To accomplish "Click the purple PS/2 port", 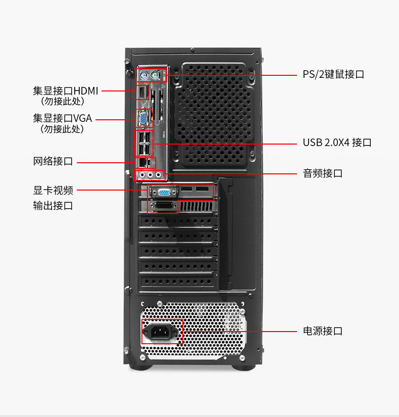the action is tap(144, 76).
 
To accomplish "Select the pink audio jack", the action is tap(143, 175).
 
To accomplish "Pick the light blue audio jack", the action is tap(160, 175).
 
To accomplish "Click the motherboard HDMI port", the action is tap(142, 92).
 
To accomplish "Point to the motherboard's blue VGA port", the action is tap(143, 119).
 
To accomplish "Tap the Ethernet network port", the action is tap(143, 162).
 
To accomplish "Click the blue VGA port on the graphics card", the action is tap(164, 192).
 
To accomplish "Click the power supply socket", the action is tap(162, 332).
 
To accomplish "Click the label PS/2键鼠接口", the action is tap(333, 74).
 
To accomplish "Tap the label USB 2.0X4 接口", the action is tap(337, 143).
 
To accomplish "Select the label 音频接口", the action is tap(323, 173).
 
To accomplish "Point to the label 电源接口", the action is tap(323, 331).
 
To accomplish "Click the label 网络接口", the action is tap(53, 162).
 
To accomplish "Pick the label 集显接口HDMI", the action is tap(66, 91).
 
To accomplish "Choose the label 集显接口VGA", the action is tap(63, 118).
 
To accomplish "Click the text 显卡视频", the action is tap(53, 191).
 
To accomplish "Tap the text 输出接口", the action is tap(53, 206).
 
